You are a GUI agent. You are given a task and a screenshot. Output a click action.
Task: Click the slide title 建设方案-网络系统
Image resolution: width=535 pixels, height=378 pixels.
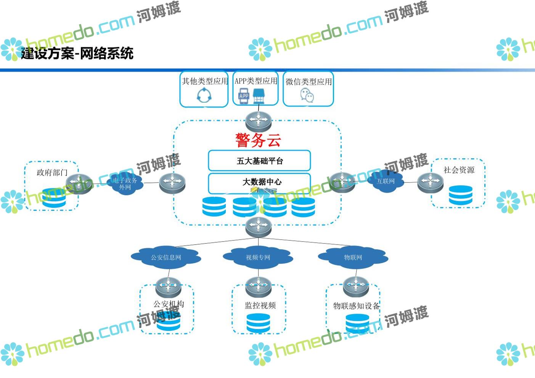[x=77, y=53]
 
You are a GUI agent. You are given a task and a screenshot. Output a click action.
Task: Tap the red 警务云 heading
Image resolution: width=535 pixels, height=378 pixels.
[x=258, y=140]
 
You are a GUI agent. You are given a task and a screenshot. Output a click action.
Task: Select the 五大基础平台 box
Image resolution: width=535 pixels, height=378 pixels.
[x=259, y=161]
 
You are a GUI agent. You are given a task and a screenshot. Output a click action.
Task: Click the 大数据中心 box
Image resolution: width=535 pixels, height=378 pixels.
[x=259, y=182]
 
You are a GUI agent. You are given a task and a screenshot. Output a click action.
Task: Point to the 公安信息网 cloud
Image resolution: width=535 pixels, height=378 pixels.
[x=166, y=258]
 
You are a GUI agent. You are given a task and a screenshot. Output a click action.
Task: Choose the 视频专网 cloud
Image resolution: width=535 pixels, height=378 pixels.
[x=258, y=258]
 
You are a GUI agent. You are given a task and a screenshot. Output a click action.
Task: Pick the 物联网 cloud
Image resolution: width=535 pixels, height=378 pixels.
[x=353, y=258]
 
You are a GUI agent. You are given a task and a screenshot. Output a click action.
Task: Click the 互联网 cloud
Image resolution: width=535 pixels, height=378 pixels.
[x=386, y=181]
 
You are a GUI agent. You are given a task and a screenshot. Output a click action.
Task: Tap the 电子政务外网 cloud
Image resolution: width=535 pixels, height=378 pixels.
[x=125, y=184]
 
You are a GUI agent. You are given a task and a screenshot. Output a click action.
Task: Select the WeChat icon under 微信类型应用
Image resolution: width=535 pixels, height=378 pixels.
[x=307, y=95]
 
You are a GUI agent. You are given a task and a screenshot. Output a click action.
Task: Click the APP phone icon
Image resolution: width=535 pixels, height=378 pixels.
[x=244, y=96]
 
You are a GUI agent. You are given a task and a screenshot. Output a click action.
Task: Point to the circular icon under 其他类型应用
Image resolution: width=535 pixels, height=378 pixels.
[x=204, y=95]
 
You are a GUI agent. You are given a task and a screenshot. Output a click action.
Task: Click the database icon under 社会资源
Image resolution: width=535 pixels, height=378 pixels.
[x=461, y=195]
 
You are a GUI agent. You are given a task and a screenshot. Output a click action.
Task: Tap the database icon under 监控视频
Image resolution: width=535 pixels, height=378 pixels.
[x=258, y=323]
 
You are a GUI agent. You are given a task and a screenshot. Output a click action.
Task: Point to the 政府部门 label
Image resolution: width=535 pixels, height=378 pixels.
[x=52, y=173]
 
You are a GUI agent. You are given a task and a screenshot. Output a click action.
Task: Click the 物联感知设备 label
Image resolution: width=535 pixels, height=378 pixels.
[x=356, y=306]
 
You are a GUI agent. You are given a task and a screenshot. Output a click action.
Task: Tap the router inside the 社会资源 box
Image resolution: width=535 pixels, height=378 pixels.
[x=430, y=182]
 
